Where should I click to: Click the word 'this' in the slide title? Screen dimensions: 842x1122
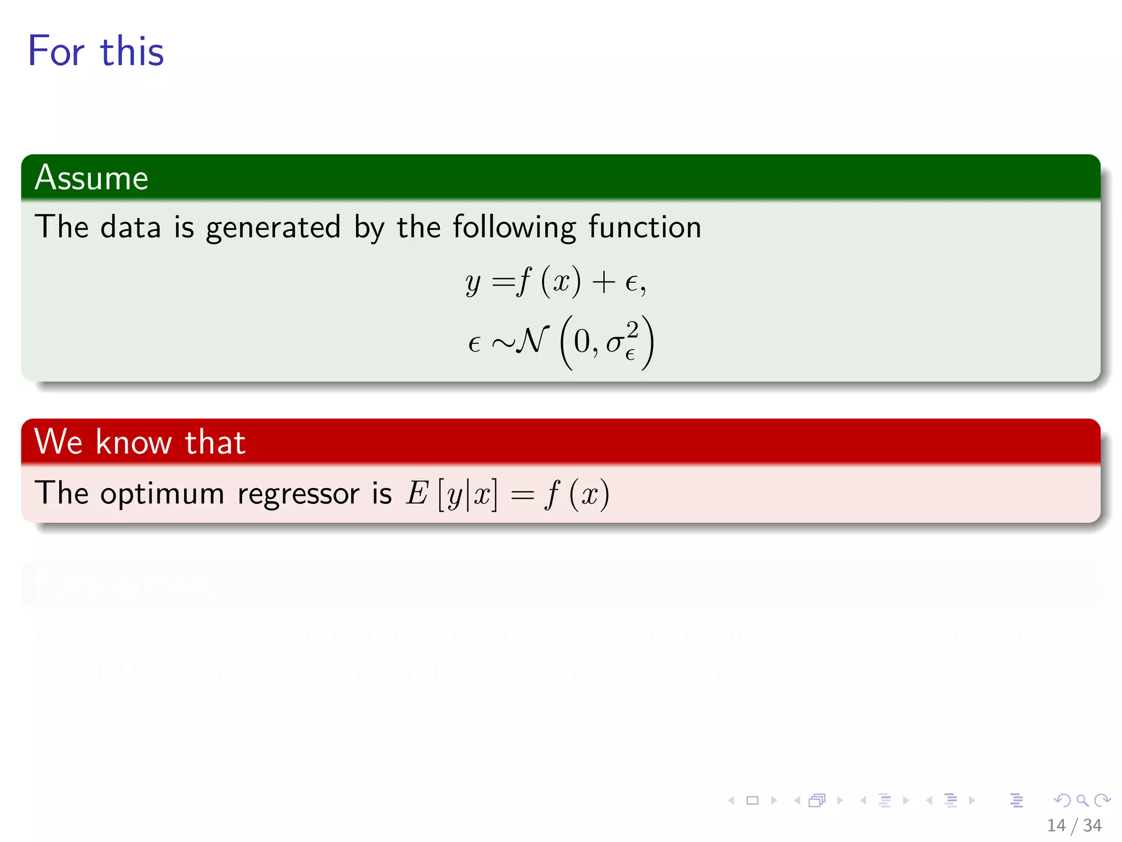click(x=132, y=52)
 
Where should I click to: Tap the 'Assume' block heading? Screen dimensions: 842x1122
click(x=91, y=178)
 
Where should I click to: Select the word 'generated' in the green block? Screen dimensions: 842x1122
click(x=273, y=227)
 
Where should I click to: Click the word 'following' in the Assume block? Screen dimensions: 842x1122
click(x=514, y=227)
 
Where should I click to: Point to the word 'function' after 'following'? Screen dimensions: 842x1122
click(x=645, y=227)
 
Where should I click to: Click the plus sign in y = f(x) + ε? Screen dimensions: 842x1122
click(x=604, y=283)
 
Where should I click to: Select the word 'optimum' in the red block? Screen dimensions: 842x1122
click(x=162, y=493)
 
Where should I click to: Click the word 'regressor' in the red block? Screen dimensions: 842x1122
click(x=298, y=493)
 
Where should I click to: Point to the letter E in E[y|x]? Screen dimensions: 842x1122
click(x=416, y=493)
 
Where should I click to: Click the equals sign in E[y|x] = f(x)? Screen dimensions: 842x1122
click(x=522, y=494)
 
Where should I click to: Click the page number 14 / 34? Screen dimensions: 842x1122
click(x=1074, y=825)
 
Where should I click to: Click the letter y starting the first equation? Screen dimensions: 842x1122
click(x=473, y=284)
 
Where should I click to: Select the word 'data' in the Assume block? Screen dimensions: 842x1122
click(x=130, y=227)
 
